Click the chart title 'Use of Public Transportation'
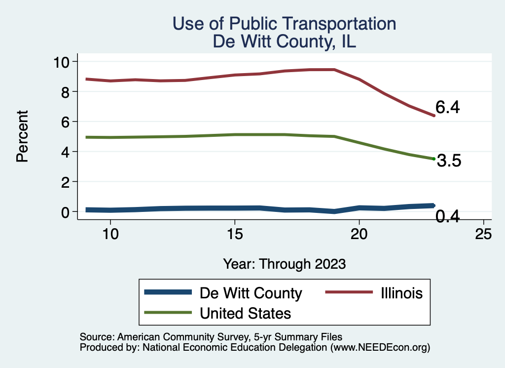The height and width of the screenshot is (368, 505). pyautogui.click(x=284, y=23)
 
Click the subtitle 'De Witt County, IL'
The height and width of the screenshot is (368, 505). pyautogui.click(x=284, y=41)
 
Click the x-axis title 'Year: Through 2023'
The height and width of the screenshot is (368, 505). pyautogui.click(x=284, y=263)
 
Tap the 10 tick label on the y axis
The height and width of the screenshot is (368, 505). pyautogui.click(x=63, y=62)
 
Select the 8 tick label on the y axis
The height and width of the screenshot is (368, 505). pyautogui.click(x=68, y=92)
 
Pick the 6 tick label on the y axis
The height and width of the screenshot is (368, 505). pyautogui.click(x=68, y=122)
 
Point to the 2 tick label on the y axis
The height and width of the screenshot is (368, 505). pyautogui.click(x=68, y=182)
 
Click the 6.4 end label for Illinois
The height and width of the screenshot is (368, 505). pyautogui.click(x=447, y=108)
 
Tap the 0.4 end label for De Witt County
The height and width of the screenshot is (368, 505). pyautogui.click(x=447, y=216)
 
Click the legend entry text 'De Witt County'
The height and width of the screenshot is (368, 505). pyautogui.click(x=251, y=293)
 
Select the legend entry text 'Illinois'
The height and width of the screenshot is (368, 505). pyautogui.click(x=402, y=293)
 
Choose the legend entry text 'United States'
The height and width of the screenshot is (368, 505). pyautogui.click(x=245, y=313)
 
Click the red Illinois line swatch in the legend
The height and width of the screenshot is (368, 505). pyautogui.click(x=348, y=292)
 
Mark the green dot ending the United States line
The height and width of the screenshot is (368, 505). pyautogui.click(x=433, y=159)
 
